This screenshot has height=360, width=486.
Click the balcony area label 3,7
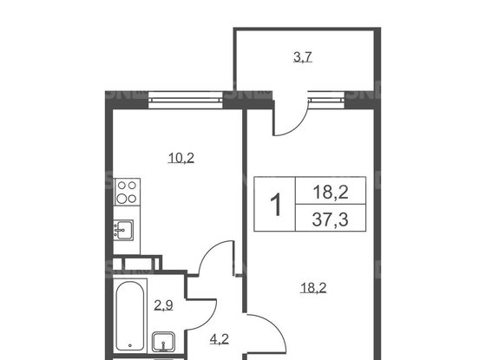pyautogui.click(x=303, y=57)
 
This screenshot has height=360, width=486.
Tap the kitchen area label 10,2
pyautogui.click(x=181, y=158)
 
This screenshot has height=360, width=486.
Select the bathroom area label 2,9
pyautogui.click(x=163, y=305)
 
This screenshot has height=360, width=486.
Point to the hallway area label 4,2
pyautogui.click(x=220, y=339)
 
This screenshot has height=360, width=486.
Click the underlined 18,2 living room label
pyautogui.click(x=313, y=288)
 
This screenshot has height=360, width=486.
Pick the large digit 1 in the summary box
pyautogui.click(x=276, y=204)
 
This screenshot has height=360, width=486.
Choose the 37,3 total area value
pyautogui.click(x=330, y=219)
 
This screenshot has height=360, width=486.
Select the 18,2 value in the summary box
pyautogui.click(x=331, y=192)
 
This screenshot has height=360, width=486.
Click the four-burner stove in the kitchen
pyautogui.click(x=127, y=192)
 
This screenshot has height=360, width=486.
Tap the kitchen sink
pyautogui.click(x=123, y=230)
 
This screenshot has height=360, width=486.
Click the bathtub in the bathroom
pyautogui.click(x=130, y=316)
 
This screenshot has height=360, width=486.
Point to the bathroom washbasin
pyautogui.click(x=163, y=342)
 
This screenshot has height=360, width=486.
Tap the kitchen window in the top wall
pyautogui.click(x=186, y=100)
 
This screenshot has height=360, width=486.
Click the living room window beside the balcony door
pyautogui.click(x=326, y=100)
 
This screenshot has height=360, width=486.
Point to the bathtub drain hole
pyautogui.click(x=130, y=345)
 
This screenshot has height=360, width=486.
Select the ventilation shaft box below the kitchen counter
pyautogui.click(x=137, y=264)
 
